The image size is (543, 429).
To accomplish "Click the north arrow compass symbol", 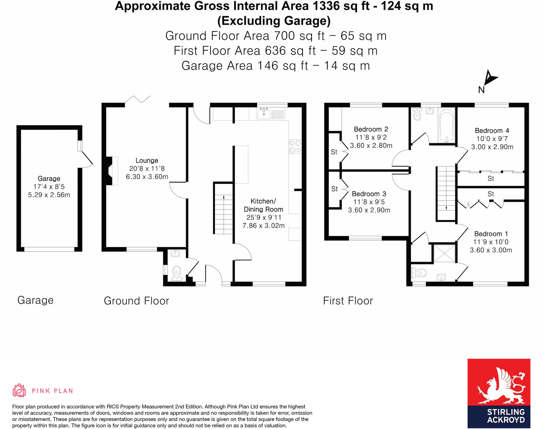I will pos(489,79).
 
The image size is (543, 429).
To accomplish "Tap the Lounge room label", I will pos(147,161).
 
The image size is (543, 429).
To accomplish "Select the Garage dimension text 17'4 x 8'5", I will pos(49,187).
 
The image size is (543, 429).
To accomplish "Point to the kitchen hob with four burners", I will pos(295,147).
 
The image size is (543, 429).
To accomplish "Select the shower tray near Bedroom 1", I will pos(444,253).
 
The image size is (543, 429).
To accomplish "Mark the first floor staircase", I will pos(446,193).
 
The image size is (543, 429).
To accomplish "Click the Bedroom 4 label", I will pos(492,131).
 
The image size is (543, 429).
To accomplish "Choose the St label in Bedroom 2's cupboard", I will pos(334,152).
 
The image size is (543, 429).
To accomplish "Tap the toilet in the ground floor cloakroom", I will pos(177,273).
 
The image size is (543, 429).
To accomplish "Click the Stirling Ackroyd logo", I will pos(499,393).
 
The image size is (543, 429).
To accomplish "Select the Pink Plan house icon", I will pos(19,390).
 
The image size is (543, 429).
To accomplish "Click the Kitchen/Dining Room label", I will pos(263,205).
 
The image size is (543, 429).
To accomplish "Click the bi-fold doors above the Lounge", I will pos(137,99).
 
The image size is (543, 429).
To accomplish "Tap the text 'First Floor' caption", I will pos(348,301).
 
